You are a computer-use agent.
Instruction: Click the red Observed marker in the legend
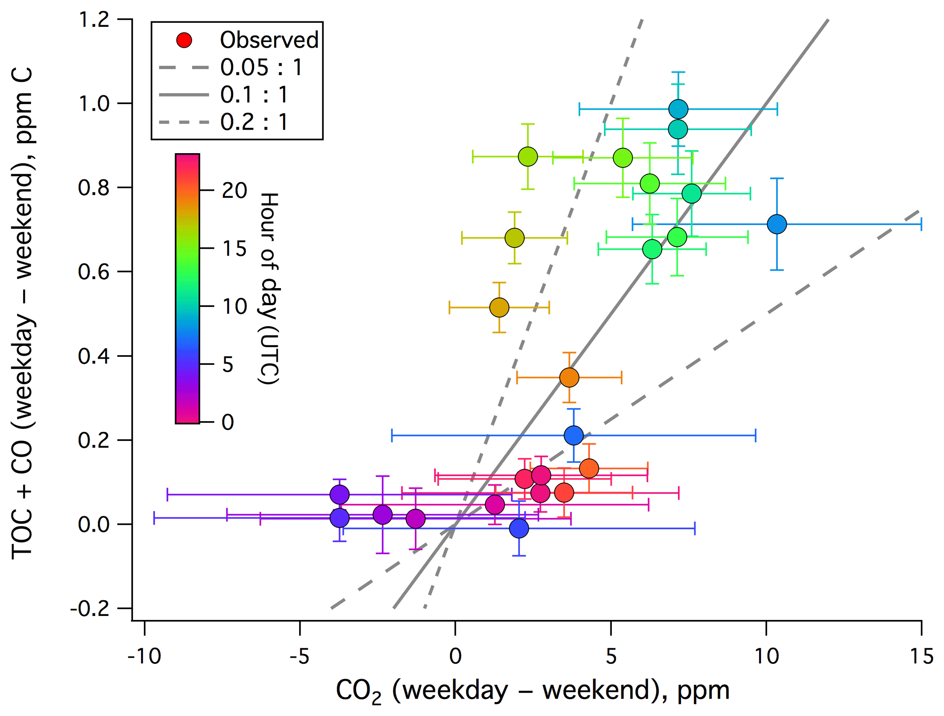184,40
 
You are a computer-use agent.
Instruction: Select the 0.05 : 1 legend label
261,67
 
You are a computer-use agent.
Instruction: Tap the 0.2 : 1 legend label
254,122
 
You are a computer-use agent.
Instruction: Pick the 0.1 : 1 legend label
254,95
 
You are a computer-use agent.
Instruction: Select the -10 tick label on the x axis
144,656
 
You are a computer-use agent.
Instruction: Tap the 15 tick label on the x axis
921,656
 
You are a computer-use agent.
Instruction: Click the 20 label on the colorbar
234,191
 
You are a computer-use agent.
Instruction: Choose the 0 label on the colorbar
228,422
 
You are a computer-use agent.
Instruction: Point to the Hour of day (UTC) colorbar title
269,288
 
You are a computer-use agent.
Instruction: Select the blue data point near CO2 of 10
777,224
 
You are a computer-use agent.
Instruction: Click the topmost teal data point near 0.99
678,109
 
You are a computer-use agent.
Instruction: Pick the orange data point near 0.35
569,377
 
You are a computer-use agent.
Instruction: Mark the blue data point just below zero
519,528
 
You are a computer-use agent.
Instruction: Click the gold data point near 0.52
499,307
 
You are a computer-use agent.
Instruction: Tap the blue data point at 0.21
574,435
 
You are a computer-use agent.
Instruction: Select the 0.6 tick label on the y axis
94,272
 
